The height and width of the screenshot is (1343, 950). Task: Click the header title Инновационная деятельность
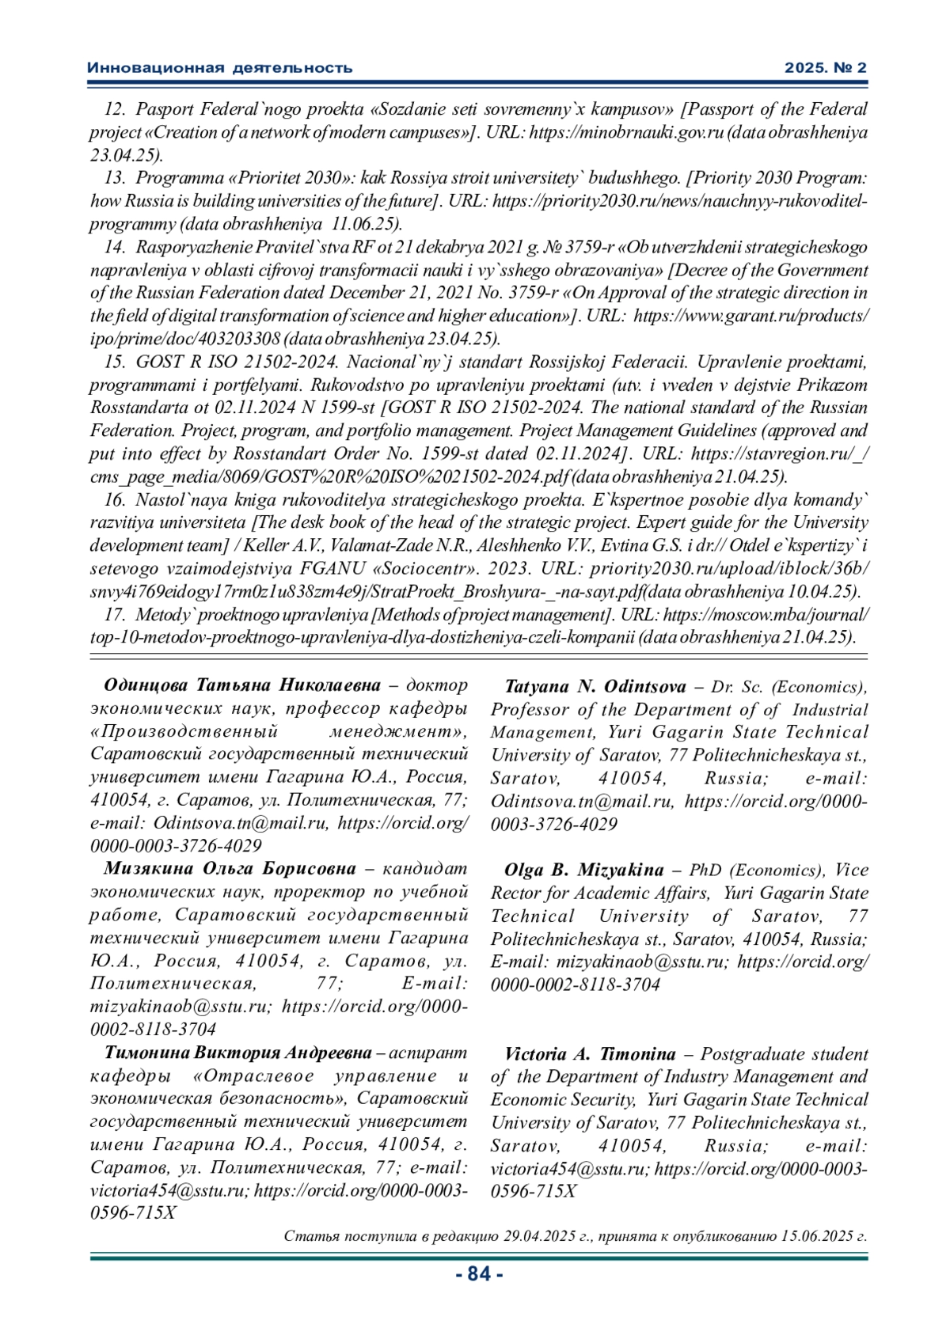pos(219,68)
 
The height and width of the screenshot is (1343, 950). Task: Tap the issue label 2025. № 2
pos(826,68)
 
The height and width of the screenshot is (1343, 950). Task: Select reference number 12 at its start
pos(116,109)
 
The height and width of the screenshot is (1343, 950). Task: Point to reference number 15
pos(116,362)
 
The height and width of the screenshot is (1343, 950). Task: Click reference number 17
pos(116,615)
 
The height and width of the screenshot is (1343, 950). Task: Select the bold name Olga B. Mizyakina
pos(584,871)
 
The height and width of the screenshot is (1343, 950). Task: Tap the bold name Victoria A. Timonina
pos(590,1054)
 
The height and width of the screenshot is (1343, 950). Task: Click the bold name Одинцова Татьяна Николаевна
pos(241,685)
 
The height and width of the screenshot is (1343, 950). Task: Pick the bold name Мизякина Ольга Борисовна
pos(230,869)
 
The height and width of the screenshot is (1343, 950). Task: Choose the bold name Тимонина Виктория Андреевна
pos(237,1053)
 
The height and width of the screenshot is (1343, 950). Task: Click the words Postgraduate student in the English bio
pos(785,1054)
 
